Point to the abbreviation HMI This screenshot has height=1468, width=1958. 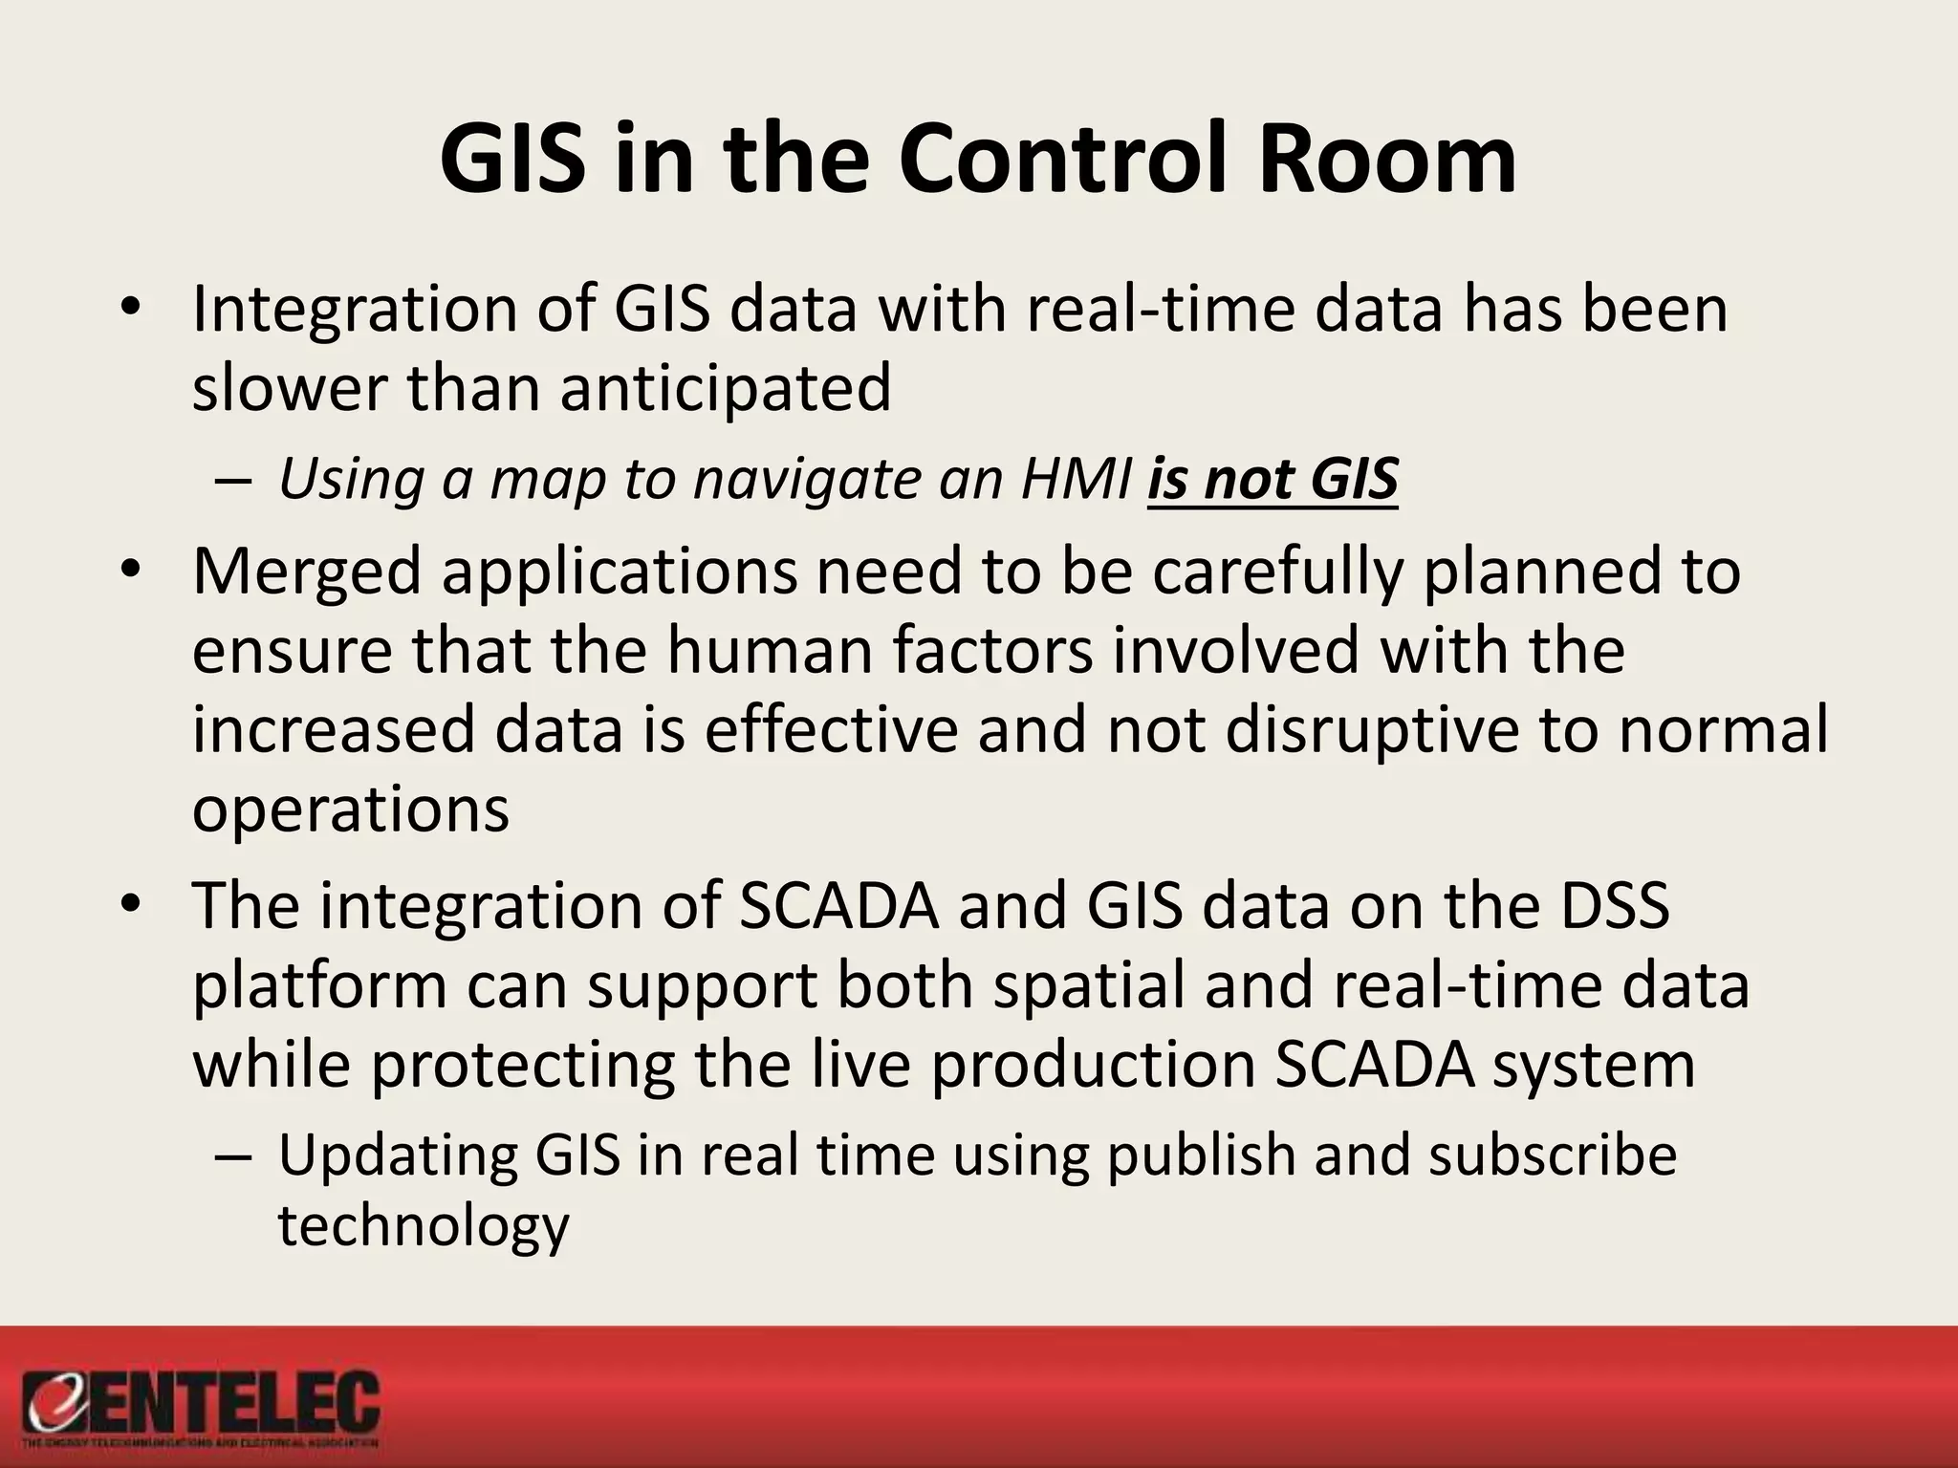(1076, 479)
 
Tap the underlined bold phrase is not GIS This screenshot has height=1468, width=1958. (1273, 479)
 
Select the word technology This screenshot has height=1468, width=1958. (424, 1226)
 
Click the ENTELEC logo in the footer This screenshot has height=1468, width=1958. (202, 1409)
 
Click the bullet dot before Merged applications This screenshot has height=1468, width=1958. (131, 570)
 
